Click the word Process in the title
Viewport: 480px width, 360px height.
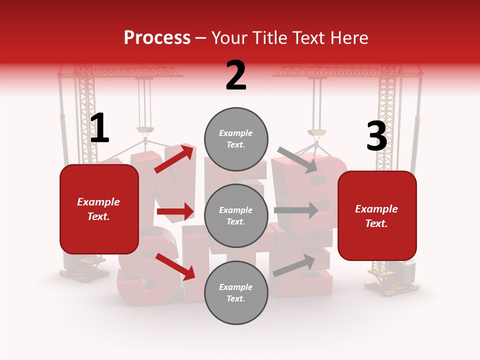click(157, 38)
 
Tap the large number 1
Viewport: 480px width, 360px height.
click(99, 128)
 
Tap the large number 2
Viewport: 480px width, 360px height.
click(236, 75)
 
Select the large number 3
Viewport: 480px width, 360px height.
click(376, 136)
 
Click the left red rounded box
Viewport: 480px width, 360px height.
click(99, 209)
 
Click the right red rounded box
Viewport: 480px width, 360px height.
click(377, 215)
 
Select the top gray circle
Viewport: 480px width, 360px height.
click(236, 139)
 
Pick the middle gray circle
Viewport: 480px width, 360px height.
click(236, 215)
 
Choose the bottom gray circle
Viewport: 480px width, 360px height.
click(236, 292)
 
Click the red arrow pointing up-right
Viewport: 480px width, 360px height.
click(174, 158)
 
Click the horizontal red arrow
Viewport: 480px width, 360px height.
click(175, 211)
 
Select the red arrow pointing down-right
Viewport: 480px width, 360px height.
click(175, 266)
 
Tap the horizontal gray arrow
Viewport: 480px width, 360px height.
click(296, 210)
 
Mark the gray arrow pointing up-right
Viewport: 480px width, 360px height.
click(294, 265)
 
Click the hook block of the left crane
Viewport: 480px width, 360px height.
click(145, 131)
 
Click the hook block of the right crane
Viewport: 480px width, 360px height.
click(316, 132)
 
